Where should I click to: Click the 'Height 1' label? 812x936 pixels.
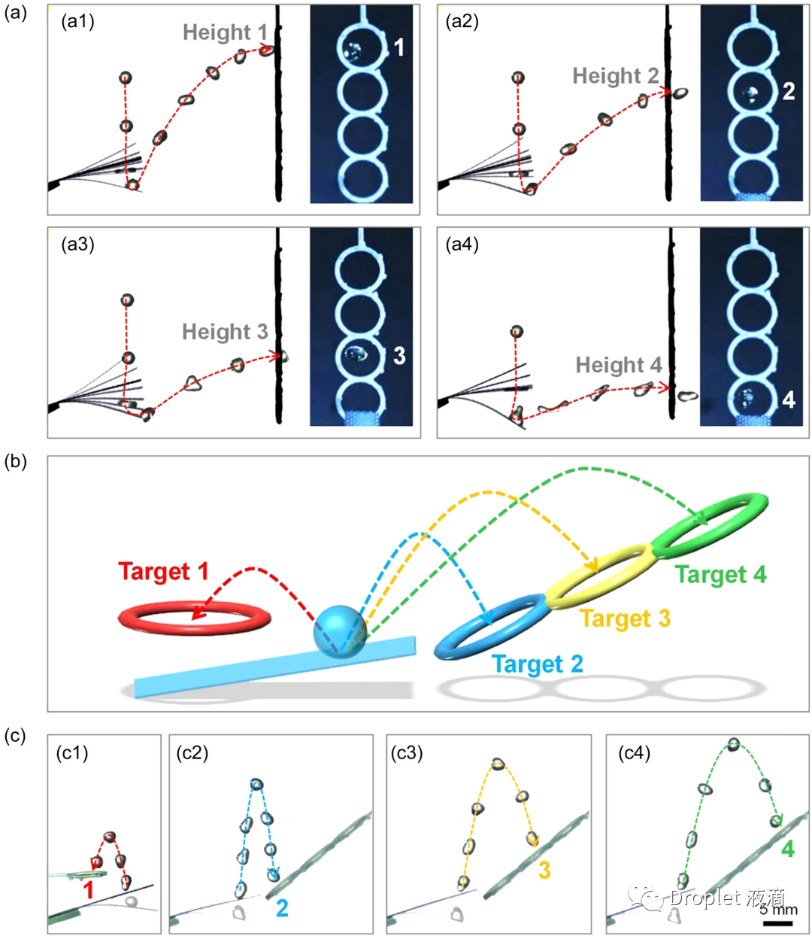225,32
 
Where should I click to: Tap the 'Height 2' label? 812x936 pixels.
615,76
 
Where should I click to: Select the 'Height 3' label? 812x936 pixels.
225,332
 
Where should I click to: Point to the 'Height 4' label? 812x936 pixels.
618,366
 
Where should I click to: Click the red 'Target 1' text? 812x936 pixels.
163,572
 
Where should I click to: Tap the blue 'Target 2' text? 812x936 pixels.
537,664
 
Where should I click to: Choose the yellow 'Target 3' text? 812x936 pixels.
624,618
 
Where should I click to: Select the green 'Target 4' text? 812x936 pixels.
720,575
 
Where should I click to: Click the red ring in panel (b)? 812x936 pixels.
194,618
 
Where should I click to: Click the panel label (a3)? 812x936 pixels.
77,245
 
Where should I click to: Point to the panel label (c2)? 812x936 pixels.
192,752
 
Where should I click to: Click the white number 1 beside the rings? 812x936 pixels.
399,48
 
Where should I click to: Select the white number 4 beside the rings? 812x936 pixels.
788,399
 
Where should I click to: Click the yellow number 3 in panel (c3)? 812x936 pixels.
544,871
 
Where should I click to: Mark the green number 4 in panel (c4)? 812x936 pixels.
787,849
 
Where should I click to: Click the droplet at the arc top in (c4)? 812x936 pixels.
733,745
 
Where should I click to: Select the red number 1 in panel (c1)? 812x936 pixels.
89,892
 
